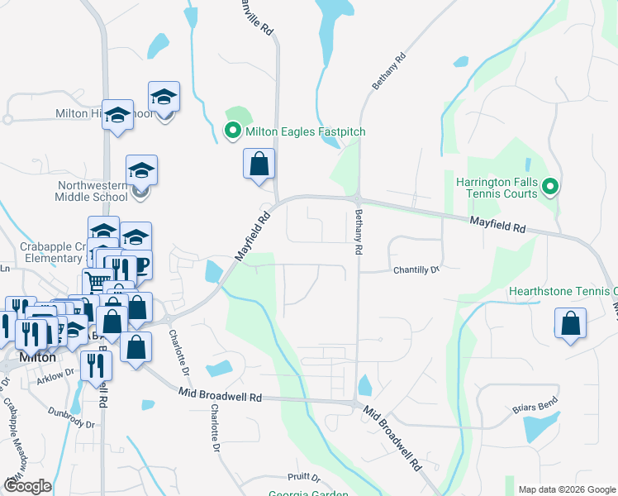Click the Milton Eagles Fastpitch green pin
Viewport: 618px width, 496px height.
pyautogui.click(x=233, y=131)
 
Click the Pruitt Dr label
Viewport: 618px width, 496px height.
pyautogui.click(x=304, y=477)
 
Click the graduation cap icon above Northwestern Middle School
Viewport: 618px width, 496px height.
pyautogui.click(x=142, y=170)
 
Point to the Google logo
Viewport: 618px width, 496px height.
pyautogui.click(x=27, y=486)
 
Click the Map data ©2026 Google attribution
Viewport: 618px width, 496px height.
pyautogui.click(x=566, y=489)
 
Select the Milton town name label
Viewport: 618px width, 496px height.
pyautogui.click(x=37, y=358)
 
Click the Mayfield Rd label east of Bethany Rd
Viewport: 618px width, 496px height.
pyautogui.click(x=498, y=223)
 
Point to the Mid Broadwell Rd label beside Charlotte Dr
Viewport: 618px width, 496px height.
pyautogui.click(x=221, y=397)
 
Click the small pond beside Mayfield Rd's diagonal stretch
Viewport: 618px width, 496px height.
pyautogui.click(x=213, y=270)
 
